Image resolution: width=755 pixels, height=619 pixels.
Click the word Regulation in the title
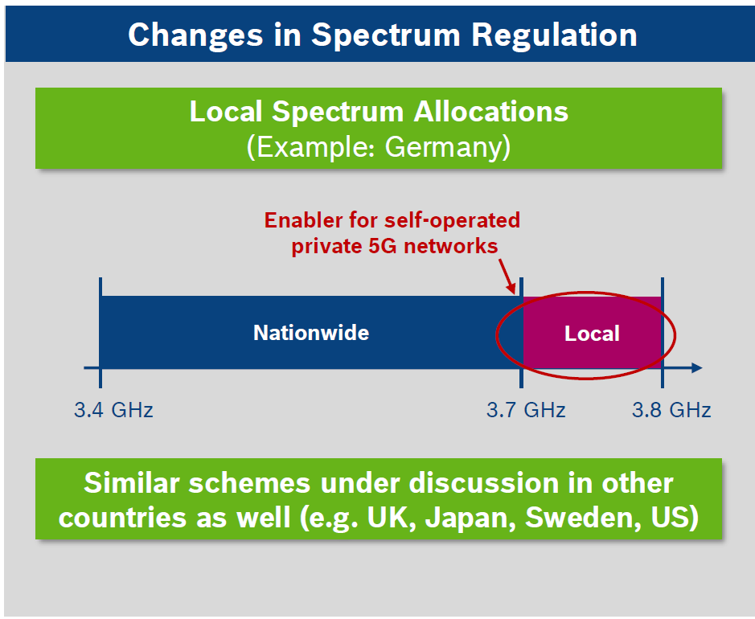click(554, 35)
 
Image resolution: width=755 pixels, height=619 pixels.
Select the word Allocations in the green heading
click(490, 112)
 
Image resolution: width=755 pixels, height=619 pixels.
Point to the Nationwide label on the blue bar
click(311, 333)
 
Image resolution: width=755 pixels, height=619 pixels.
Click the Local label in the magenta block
click(592, 334)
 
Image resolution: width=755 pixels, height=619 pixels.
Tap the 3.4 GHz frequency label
click(113, 410)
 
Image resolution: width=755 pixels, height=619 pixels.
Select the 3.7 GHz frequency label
click(526, 410)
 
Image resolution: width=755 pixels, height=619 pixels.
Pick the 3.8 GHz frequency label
click(671, 410)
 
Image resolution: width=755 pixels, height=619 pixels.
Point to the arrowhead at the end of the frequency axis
click(697, 368)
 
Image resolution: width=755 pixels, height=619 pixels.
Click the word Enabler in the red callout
click(303, 220)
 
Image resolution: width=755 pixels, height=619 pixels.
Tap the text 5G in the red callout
click(383, 247)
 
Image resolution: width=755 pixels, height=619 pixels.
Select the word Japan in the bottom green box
click(470, 518)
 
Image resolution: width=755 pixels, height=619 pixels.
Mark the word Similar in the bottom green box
click(131, 483)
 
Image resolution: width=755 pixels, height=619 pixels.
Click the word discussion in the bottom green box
click(484, 483)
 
